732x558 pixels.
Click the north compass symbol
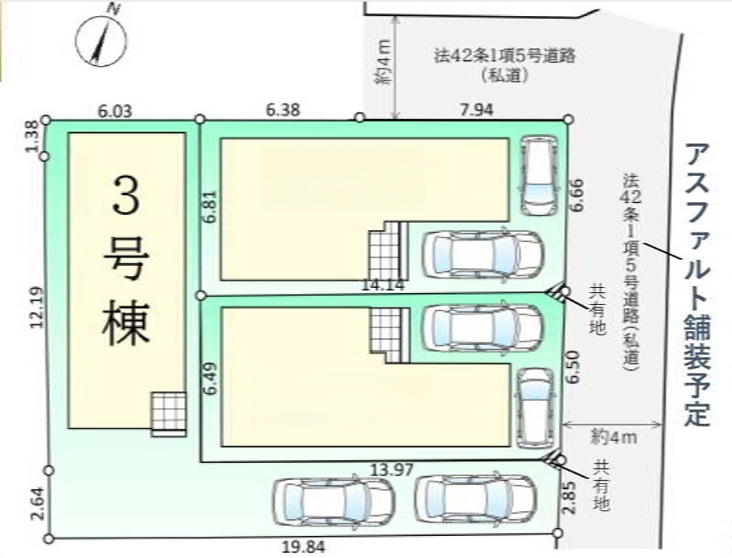point(100,40)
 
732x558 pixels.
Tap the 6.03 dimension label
point(115,111)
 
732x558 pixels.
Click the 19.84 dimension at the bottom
point(303,547)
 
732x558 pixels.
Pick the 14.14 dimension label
point(382,285)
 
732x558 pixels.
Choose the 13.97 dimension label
point(391,470)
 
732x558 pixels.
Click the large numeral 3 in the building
point(126,195)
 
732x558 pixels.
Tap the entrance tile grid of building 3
point(168,414)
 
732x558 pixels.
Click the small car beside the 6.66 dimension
point(539,176)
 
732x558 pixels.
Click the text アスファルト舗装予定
point(697,285)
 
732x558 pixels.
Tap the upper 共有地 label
point(597,310)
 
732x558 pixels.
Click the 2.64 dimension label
point(39,504)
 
